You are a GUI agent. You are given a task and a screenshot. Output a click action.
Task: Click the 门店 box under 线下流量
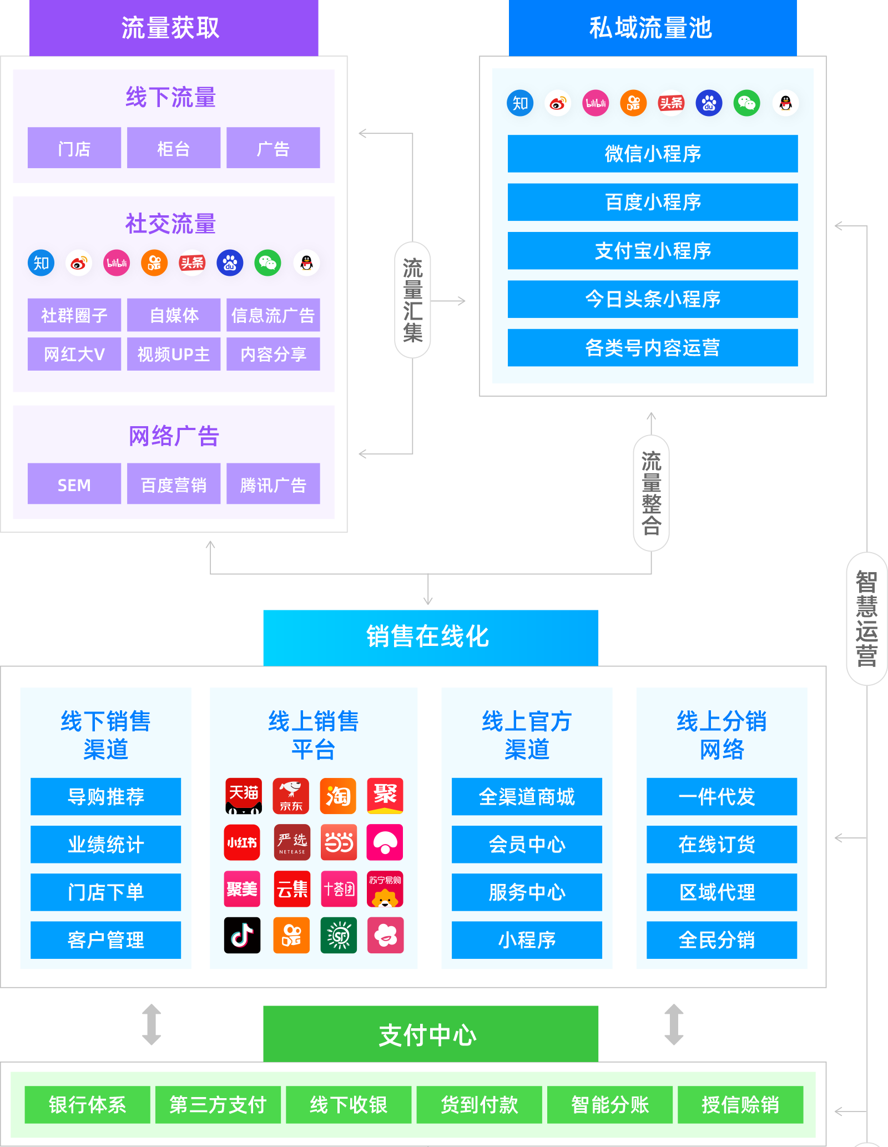pyautogui.click(x=74, y=148)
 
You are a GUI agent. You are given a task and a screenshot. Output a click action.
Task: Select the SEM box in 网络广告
pyautogui.click(x=74, y=484)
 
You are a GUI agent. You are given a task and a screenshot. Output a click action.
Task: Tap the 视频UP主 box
pyautogui.click(x=173, y=354)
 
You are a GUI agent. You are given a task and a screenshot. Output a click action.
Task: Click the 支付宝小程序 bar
pyautogui.click(x=652, y=251)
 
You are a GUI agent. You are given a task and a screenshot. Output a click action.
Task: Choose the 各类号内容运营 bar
pyautogui.click(x=652, y=348)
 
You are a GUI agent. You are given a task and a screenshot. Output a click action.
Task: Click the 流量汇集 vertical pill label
pyautogui.click(x=412, y=300)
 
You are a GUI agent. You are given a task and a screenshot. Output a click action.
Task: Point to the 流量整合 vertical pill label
pyautogui.click(x=651, y=493)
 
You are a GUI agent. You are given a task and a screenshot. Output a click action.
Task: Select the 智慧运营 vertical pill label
pyautogui.click(x=866, y=618)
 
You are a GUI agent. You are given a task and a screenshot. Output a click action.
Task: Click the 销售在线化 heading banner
pyautogui.click(x=430, y=637)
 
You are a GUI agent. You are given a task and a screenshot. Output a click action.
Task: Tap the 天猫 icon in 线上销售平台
pyautogui.click(x=243, y=796)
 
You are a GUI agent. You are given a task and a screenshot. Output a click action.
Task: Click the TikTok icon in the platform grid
pyautogui.click(x=242, y=936)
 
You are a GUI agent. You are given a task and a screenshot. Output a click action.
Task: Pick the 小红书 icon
pyautogui.click(x=242, y=842)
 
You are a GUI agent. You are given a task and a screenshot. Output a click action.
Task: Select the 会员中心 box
pyautogui.click(x=526, y=845)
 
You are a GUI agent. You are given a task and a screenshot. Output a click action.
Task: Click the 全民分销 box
pyautogui.click(x=721, y=940)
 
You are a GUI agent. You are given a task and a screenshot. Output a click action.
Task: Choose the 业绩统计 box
pyautogui.click(x=105, y=845)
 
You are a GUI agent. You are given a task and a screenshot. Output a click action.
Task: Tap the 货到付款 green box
pyautogui.click(x=479, y=1104)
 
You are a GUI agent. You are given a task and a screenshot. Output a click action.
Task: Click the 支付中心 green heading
pyautogui.click(x=430, y=1034)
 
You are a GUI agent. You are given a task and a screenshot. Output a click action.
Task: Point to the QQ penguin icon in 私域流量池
pyautogui.click(x=785, y=103)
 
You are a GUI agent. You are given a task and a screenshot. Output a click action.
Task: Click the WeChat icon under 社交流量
pyautogui.click(x=268, y=263)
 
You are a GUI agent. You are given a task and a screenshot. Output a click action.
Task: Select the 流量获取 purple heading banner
pyautogui.click(x=173, y=28)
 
